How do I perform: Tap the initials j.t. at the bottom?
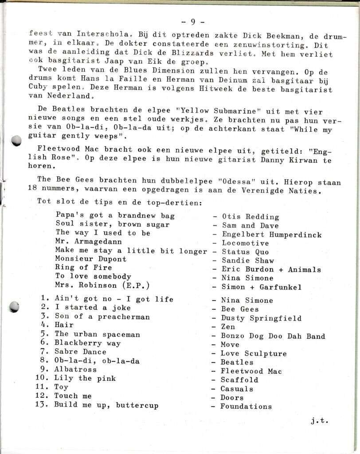(x=319, y=421)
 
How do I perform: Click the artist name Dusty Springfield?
(x=261, y=318)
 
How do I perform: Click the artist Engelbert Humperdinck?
(x=272, y=235)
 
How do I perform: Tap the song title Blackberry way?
(x=88, y=343)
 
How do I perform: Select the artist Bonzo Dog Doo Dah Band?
(x=273, y=336)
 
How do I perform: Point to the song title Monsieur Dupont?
(x=91, y=259)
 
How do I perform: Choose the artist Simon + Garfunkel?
(x=262, y=287)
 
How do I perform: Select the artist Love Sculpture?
(x=254, y=353)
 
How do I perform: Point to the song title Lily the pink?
(x=85, y=378)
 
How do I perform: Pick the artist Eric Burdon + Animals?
(x=271, y=270)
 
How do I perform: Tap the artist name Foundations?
(x=246, y=406)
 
